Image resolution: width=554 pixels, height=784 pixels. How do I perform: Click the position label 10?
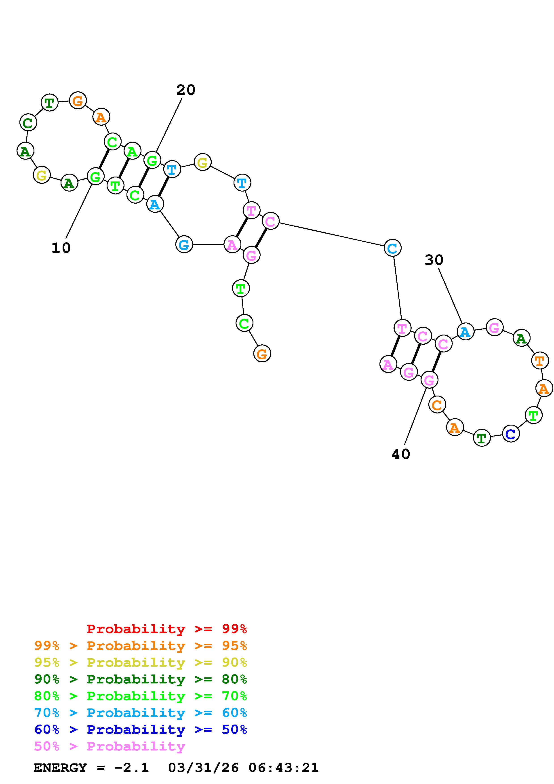[x=61, y=248]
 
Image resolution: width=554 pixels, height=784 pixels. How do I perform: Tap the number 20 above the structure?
[x=186, y=90]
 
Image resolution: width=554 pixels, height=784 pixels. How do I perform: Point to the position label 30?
[x=434, y=260]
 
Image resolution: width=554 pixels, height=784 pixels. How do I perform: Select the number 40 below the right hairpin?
[x=401, y=454]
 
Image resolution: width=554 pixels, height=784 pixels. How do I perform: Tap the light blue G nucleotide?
[x=184, y=244]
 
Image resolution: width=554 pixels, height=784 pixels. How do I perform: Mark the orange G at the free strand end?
[x=262, y=354]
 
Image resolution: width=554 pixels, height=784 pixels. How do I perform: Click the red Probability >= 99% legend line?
[x=167, y=629]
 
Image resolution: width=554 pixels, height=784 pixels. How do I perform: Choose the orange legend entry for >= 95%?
[x=141, y=646]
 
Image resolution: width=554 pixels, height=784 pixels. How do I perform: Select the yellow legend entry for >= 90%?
[x=141, y=662]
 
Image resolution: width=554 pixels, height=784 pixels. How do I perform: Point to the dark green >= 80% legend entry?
[x=141, y=679]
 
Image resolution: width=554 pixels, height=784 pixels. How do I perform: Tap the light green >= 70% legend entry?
[x=141, y=696]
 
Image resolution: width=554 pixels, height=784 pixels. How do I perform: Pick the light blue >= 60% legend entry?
[x=141, y=713]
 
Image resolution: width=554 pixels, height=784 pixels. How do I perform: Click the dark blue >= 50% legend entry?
[x=141, y=729]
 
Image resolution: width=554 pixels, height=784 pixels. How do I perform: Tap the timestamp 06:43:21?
[x=283, y=768]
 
